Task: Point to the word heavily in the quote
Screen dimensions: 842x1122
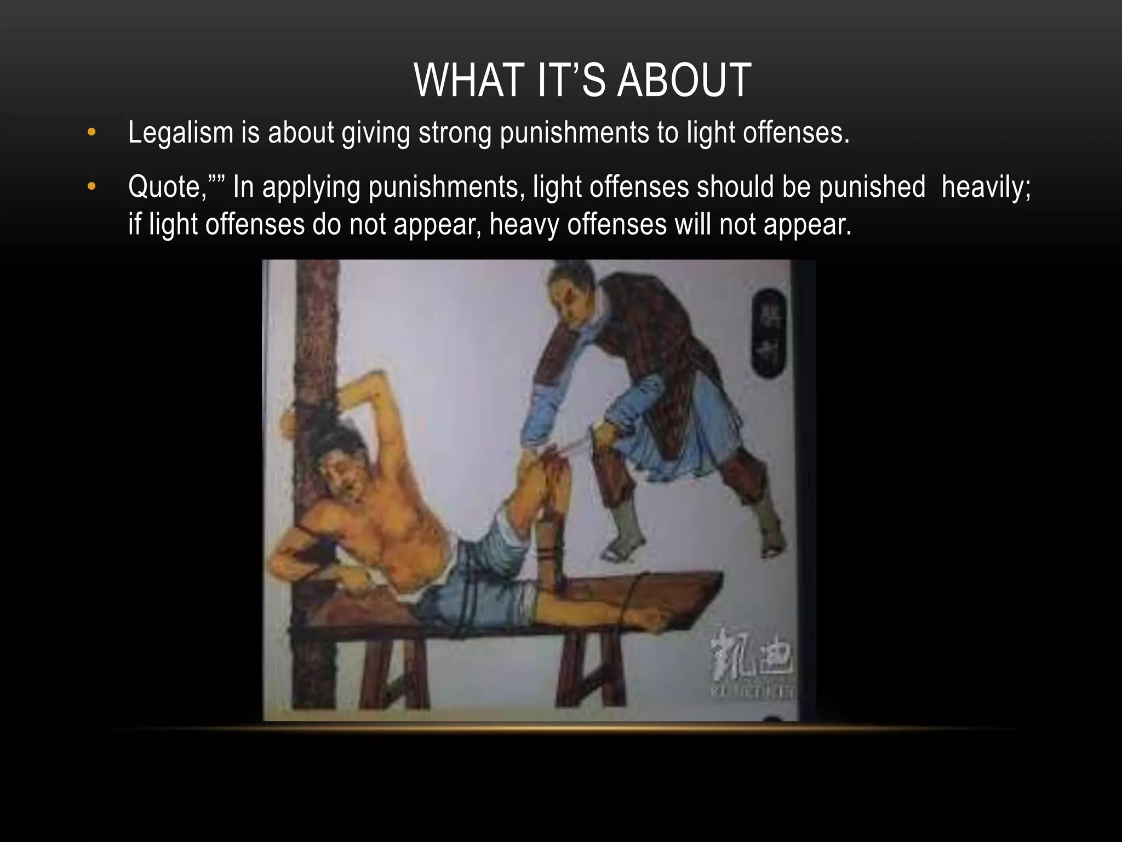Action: (985, 187)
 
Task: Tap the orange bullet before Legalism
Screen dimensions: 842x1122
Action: (91, 132)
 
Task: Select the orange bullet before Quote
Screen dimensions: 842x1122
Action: (91, 187)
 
